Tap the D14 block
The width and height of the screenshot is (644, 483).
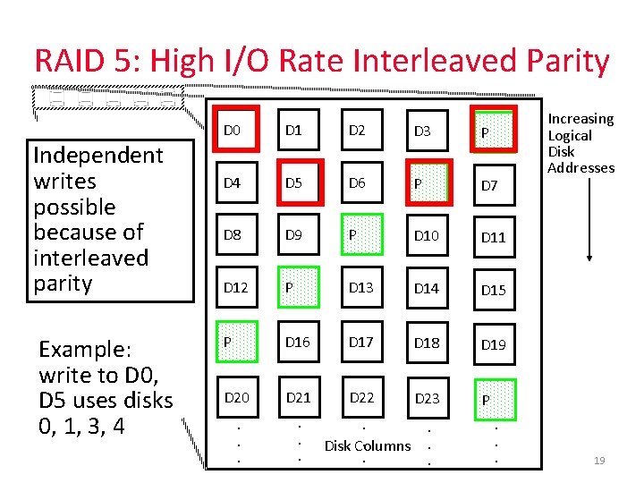[427, 288]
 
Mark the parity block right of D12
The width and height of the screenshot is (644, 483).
[301, 287]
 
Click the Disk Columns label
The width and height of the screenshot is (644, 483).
[368, 445]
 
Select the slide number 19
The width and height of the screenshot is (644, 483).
[599, 461]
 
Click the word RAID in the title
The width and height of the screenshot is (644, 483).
[74, 62]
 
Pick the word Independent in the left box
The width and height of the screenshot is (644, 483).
[98, 156]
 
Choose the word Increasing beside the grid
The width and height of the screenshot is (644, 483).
[580, 119]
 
